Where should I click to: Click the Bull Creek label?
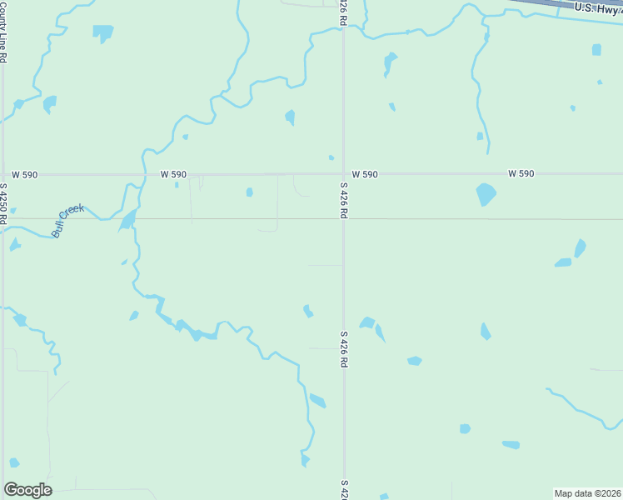point(68,221)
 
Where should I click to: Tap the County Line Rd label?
point(4,32)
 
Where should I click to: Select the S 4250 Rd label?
point(4,204)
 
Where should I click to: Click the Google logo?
point(27,490)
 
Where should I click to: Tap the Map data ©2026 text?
point(587,493)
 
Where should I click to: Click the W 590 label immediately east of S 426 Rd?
point(364,174)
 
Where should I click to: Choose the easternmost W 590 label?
point(521,173)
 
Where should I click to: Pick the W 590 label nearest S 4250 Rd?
point(25,174)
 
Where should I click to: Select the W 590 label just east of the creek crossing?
point(173,174)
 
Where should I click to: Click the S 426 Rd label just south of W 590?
point(343,200)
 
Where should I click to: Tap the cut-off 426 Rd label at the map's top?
point(343,12)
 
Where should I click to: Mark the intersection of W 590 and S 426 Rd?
point(343,174)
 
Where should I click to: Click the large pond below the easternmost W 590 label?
point(486,194)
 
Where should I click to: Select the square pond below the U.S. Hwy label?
point(596,50)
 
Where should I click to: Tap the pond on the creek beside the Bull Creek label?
point(127,220)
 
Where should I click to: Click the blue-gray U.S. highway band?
point(550,5)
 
